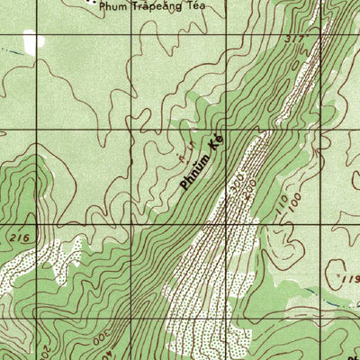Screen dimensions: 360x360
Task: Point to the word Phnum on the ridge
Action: point(195,170)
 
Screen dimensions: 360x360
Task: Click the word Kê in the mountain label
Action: point(215,142)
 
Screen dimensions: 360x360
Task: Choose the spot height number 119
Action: point(350,281)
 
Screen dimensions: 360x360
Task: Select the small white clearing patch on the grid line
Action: point(33,40)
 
